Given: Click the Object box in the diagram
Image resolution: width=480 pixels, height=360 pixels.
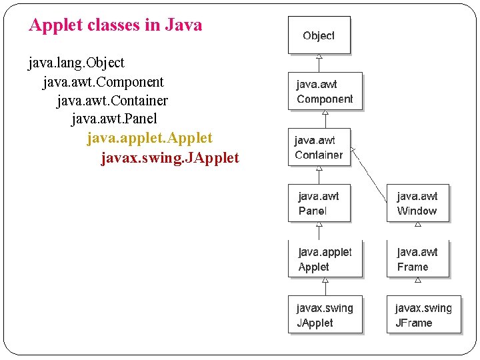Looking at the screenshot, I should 319,36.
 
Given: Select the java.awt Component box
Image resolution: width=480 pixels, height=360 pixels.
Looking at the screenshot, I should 325,91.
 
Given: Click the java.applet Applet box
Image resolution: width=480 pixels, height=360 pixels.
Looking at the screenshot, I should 325,259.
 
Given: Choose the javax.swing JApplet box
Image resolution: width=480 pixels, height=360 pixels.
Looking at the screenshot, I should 325,315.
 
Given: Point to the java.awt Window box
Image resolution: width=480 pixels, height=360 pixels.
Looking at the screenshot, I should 417,203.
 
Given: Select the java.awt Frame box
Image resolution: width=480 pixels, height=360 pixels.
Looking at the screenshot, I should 417,259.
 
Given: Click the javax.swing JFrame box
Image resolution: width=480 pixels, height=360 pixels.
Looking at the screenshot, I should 423,315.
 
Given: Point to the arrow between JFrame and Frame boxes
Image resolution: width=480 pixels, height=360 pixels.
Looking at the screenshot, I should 418,283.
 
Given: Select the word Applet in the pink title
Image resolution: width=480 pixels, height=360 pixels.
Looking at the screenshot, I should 55,25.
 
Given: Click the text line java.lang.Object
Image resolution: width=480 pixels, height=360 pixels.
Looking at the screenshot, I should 77,63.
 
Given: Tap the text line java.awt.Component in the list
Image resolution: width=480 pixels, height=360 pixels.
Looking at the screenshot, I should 103,82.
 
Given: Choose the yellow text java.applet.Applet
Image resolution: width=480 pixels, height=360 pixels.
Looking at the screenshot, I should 149,138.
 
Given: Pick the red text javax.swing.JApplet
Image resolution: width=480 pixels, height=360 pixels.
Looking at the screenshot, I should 169,158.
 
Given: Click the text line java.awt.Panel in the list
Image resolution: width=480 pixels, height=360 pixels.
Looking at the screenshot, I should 114,119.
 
